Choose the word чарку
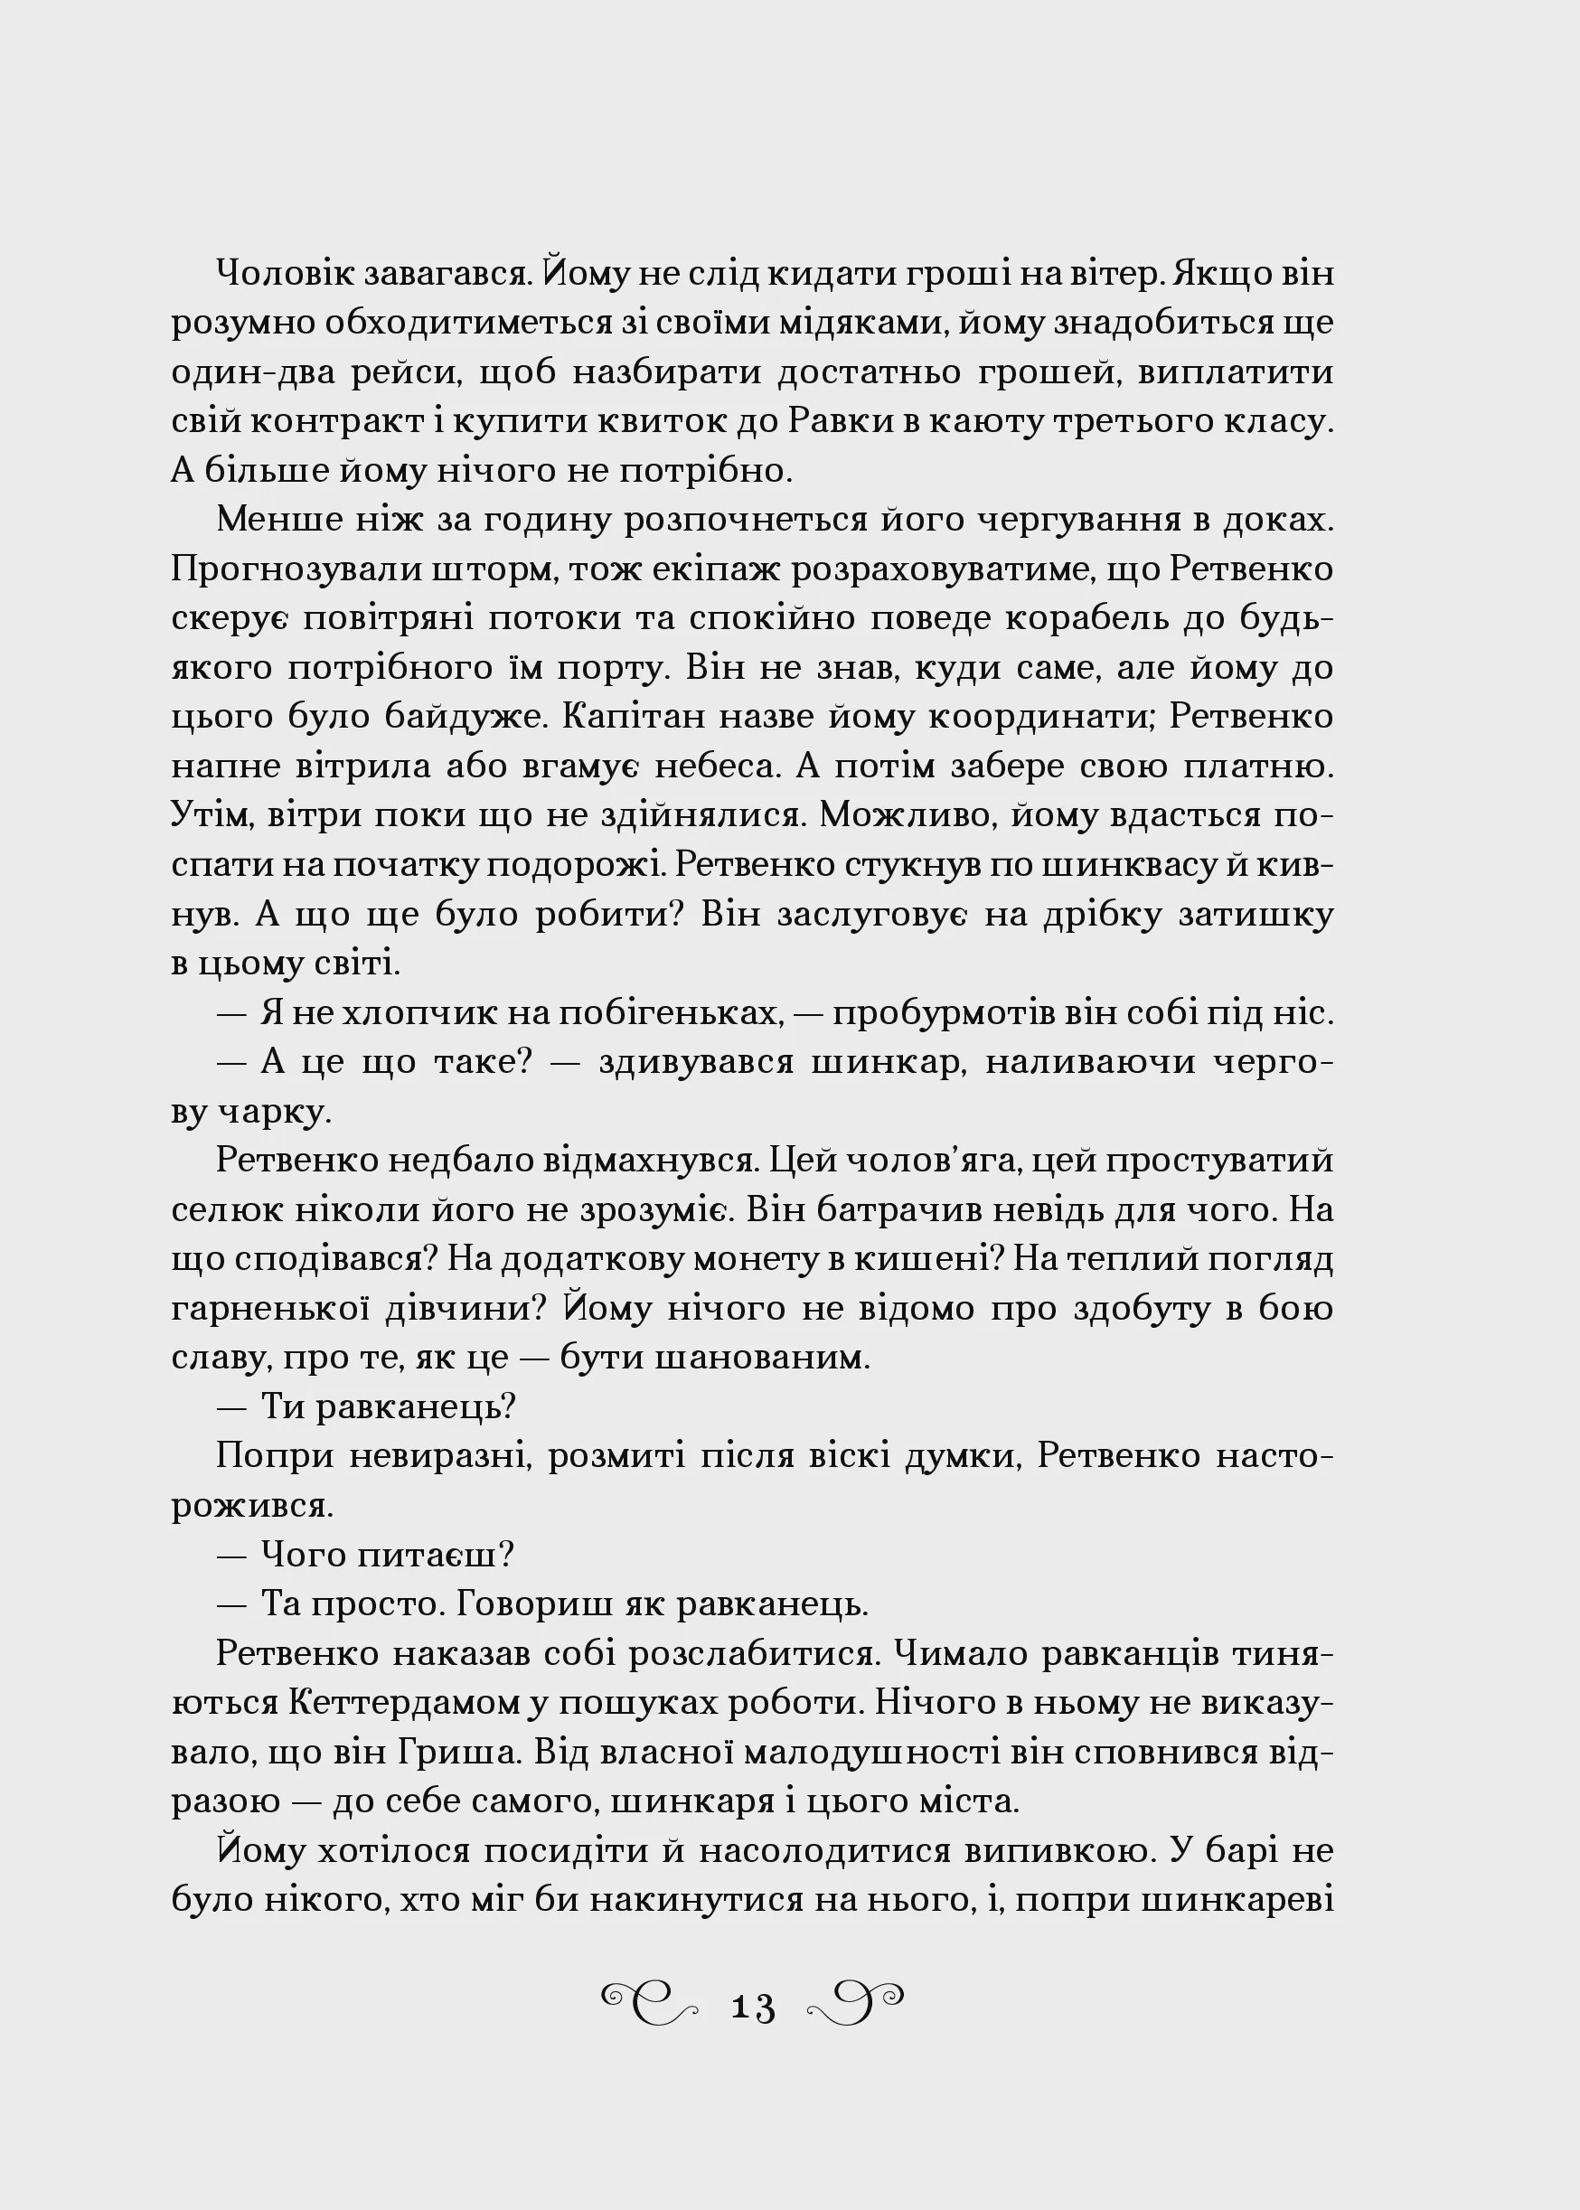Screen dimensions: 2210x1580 (x=282, y=1112)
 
